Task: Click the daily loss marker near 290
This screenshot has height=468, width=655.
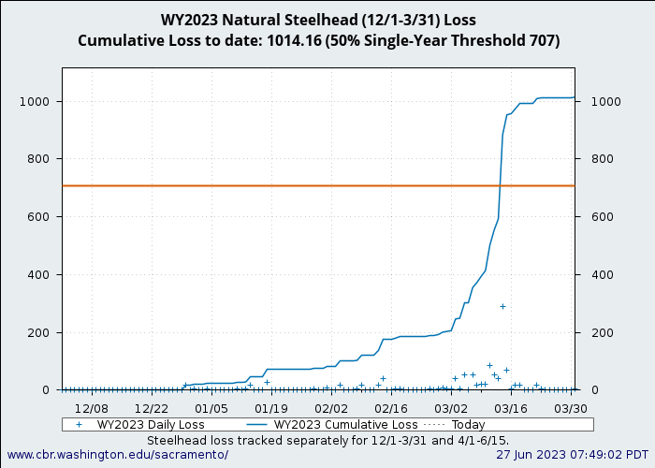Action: click(x=502, y=306)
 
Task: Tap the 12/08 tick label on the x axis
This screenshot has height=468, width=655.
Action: click(x=91, y=409)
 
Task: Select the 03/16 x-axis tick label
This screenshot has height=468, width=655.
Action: click(x=511, y=409)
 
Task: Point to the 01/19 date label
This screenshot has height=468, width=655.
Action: click(x=270, y=409)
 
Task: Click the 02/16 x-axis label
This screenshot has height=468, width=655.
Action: click(x=390, y=409)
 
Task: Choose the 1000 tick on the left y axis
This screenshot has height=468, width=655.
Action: click(x=43, y=101)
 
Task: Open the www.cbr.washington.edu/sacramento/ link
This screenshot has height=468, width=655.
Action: click(x=117, y=454)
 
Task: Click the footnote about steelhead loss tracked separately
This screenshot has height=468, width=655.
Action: click(x=327, y=439)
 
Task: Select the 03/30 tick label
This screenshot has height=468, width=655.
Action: click(x=571, y=409)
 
